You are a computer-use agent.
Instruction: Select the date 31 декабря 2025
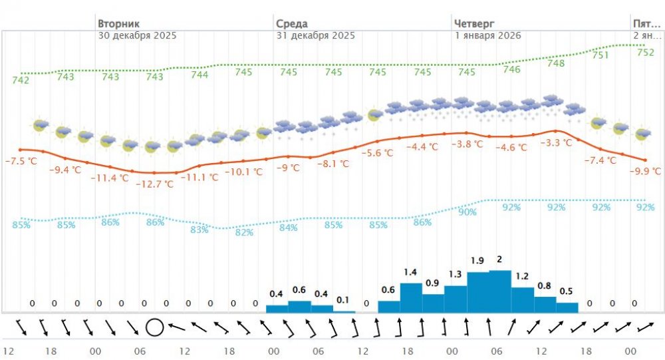click(316, 35)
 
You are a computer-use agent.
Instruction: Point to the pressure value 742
click(21, 81)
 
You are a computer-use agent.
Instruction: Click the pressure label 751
click(600, 55)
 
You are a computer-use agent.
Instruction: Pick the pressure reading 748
click(556, 63)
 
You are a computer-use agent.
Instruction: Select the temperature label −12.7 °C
click(154, 184)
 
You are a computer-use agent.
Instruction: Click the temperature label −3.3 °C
click(555, 143)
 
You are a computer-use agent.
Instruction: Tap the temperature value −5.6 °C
click(376, 152)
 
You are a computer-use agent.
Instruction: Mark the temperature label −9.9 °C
click(643, 172)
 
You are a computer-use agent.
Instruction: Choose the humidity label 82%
click(244, 232)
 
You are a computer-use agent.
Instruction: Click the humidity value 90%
click(467, 212)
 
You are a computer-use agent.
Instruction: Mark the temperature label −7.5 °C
click(22, 160)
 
